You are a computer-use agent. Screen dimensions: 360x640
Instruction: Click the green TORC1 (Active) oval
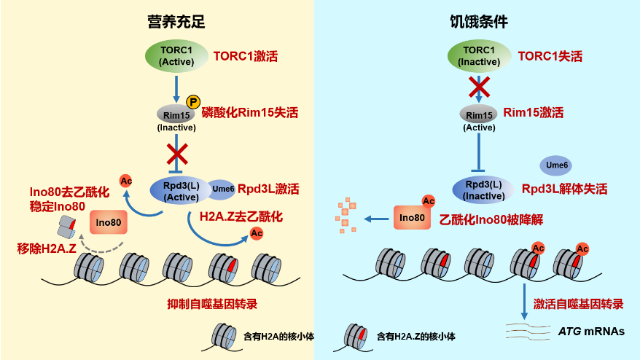click(176, 55)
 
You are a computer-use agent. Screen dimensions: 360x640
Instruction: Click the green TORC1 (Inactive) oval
click(478, 55)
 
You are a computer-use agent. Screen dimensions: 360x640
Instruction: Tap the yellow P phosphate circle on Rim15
click(193, 102)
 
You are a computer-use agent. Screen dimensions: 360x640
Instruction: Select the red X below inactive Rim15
click(176, 154)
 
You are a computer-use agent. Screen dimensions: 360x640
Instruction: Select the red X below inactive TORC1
click(478, 87)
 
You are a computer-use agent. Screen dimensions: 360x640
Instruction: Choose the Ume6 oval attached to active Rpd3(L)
click(222, 189)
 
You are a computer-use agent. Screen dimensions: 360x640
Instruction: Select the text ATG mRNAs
click(590, 331)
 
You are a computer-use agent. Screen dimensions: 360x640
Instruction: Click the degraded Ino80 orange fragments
click(343, 216)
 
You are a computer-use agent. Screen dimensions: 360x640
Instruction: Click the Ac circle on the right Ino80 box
click(429, 200)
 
